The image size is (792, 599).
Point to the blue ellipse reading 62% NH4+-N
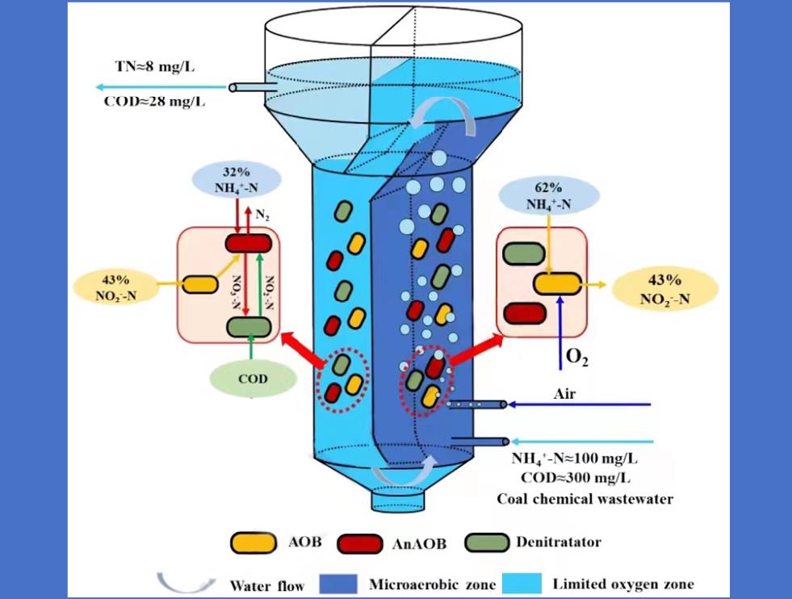click(548, 197)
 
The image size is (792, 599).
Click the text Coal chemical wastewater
click(585, 498)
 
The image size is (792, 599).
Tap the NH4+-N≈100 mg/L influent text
click(574, 459)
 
